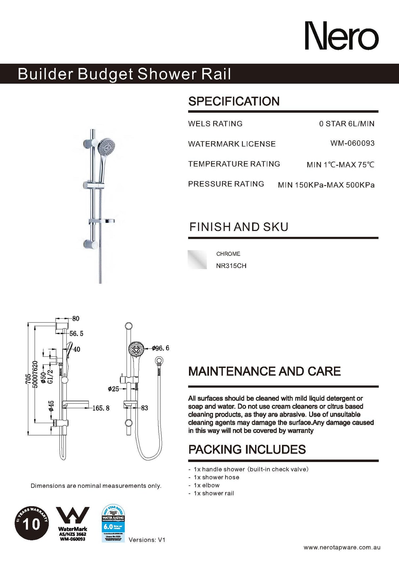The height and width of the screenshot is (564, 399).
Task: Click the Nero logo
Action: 341,36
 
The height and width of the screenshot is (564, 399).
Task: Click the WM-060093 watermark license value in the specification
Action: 352,143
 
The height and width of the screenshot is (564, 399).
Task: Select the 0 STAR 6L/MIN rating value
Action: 346,124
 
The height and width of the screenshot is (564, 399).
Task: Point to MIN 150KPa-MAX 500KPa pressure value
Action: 326,185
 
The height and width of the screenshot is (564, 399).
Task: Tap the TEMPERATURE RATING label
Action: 234,164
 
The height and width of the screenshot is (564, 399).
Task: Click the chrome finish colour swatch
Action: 197,259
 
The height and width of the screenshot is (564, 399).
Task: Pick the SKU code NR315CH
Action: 231,266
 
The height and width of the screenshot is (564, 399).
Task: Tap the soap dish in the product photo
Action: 102,221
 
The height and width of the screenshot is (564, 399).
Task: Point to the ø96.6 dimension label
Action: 160,348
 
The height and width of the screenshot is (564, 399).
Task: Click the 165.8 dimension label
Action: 101,408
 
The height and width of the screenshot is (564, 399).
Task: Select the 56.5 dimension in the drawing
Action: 76,334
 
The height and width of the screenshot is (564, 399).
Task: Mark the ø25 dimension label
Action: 113,389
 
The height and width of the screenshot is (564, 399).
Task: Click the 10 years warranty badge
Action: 32,523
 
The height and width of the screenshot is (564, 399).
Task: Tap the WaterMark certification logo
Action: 73,524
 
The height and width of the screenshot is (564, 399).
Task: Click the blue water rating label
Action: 113,523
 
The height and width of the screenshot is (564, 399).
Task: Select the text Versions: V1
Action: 147,540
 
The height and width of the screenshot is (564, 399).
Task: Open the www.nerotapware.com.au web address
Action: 342,547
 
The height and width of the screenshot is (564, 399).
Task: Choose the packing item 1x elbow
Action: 206,485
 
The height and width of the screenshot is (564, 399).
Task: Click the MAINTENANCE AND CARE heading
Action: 264,371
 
